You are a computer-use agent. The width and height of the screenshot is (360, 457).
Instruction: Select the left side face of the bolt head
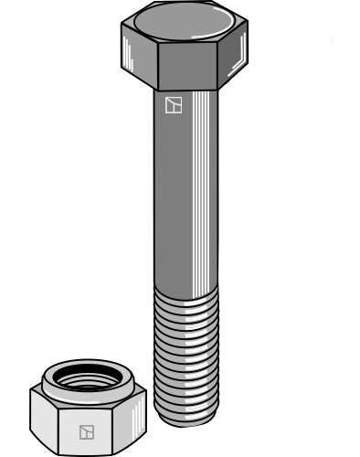click(138, 58)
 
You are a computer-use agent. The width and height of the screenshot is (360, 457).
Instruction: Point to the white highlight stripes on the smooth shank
click(206, 183)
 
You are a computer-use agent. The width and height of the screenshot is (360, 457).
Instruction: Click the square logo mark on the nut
click(88, 431)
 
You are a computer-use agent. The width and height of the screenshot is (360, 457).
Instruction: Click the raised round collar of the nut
click(88, 368)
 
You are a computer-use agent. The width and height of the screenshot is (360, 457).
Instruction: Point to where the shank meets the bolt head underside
click(185, 90)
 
